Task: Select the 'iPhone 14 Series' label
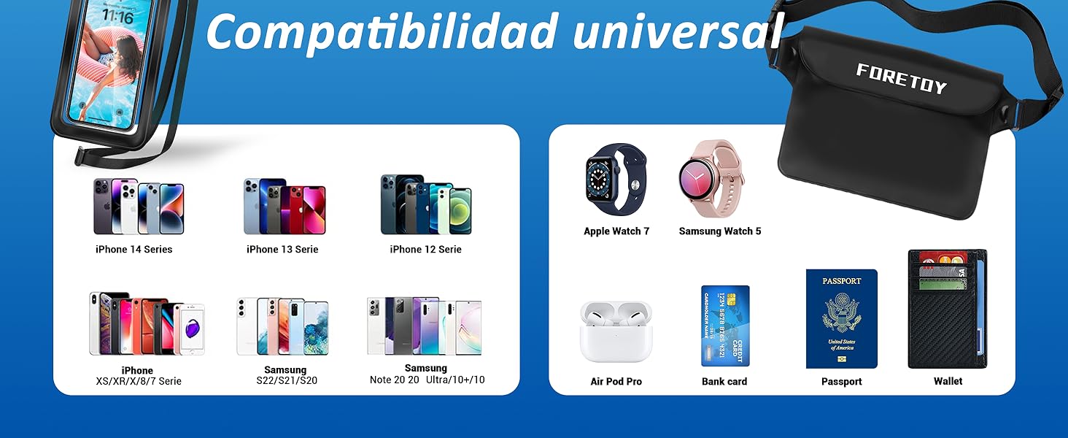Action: pyautogui.click(x=134, y=250)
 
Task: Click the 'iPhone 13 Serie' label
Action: pyautogui.click(x=282, y=250)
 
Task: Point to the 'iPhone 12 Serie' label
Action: pyautogui.click(x=426, y=250)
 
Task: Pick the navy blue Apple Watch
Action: pyautogui.click(x=616, y=180)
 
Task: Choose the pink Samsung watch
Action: pyautogui.click(x=711, y=178)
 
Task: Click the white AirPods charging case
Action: pyautogui.click(x=616, y=332)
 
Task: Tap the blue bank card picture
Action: pyautogui.click(x=725, y=326)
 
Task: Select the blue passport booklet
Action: pyautogui.click(x=841, y=319)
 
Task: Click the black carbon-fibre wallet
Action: pyautogui.click(x=947, y=310)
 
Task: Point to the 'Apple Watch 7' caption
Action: pyautogui.click(x=616, y=231)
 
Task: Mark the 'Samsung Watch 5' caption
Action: pyautogui.click(x=720, y=231)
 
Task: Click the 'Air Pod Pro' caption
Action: pyautogui.click(x=616, y=382)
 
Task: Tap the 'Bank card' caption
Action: pyautogui.click(x=724, y=382)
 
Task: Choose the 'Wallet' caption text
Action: pyautogui.click(x=948, y=381)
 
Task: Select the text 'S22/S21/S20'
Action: pyautogui.click(x=287, y=381)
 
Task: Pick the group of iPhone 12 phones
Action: pyautogui.click(x=426, y=204)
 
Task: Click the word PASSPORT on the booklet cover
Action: pyautogui.click(x=842, y=281)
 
